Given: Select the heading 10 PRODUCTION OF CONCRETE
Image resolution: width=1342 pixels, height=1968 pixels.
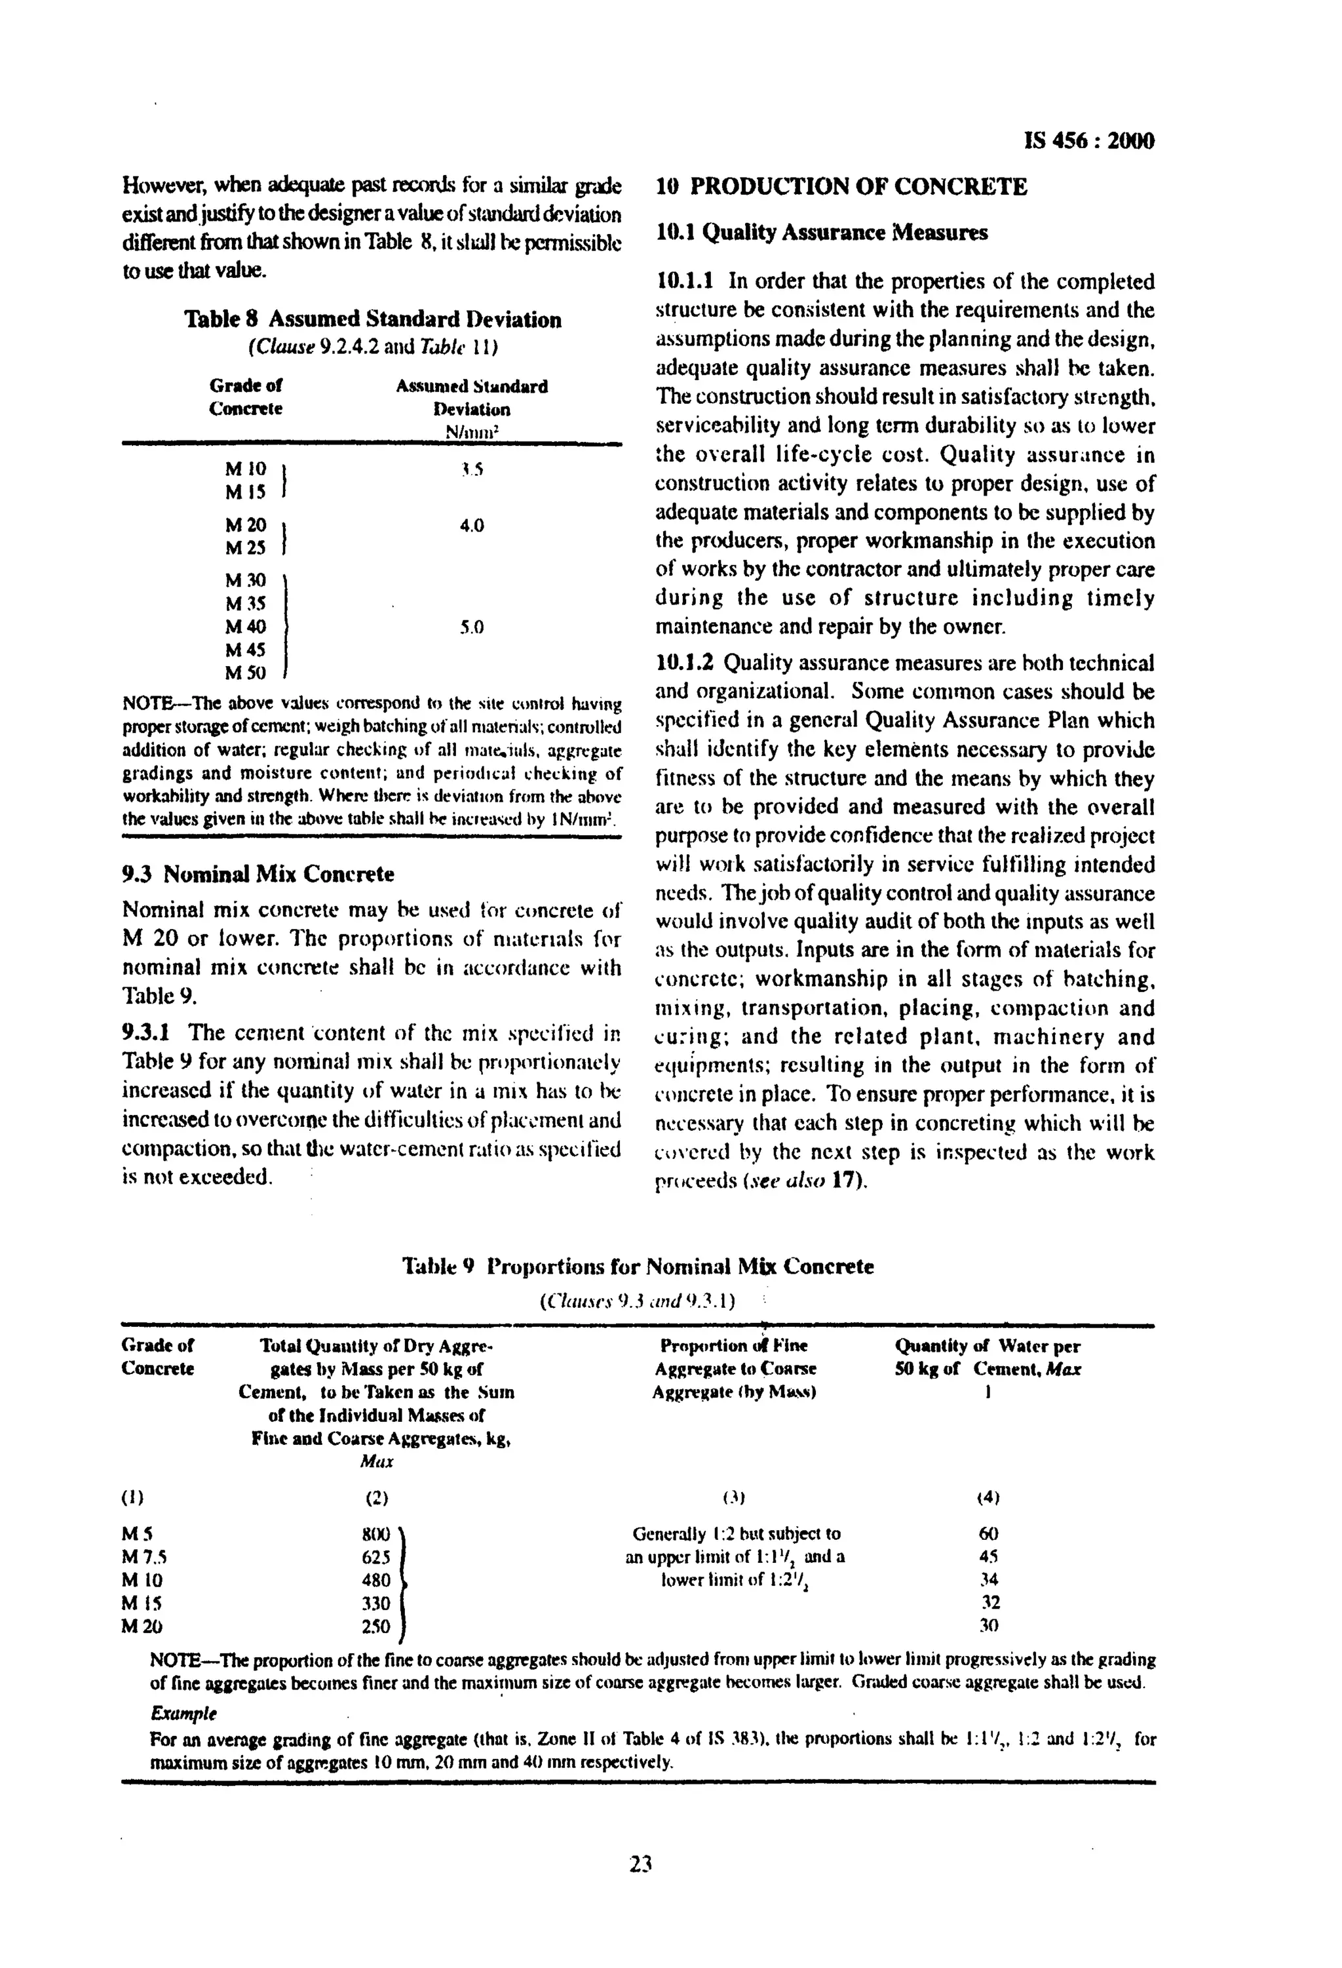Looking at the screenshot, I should (841, 187).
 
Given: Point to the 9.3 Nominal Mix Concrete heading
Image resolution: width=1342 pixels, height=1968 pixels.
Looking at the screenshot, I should (258, 873).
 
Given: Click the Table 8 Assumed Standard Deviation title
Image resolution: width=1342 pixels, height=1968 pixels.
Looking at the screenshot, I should (373, 319).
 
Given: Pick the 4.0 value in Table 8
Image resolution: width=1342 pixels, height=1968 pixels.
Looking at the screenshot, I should (472, 526).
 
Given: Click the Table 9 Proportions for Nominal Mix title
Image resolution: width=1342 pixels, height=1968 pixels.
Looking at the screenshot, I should (638, 1267).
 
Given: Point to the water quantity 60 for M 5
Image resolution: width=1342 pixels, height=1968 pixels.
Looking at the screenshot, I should (988, 1533).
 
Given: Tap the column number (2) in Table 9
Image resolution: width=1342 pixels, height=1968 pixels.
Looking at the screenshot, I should (376, 1497).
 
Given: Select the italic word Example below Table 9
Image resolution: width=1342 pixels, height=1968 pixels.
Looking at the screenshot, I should (183, 1713).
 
